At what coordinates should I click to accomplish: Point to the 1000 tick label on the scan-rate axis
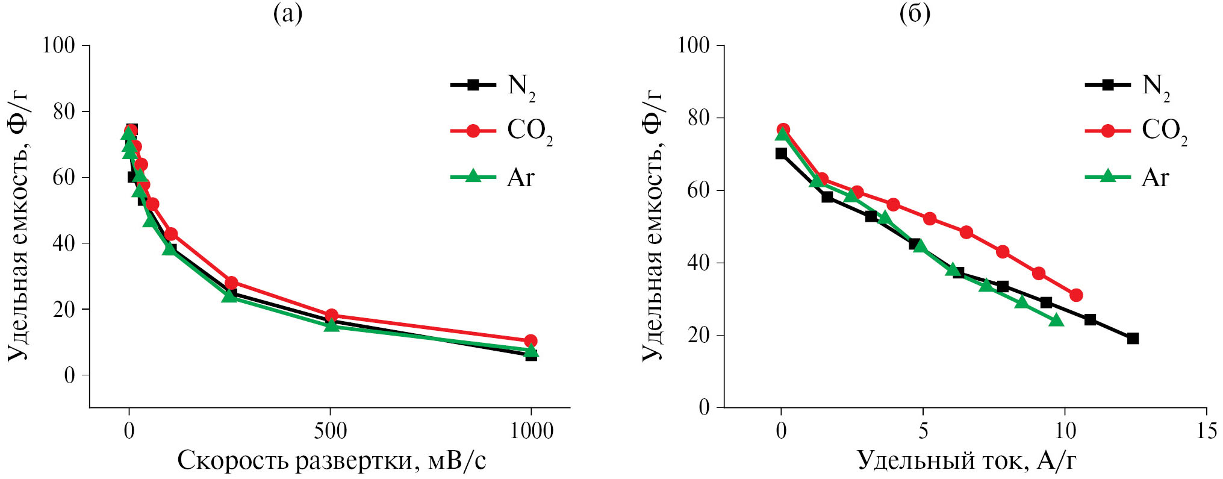tap(531, 431)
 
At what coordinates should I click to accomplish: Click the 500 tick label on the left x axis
tap(330, 431)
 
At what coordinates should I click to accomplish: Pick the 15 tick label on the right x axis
tap(1206, 431)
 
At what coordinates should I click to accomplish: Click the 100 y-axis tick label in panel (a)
tap(58, 45)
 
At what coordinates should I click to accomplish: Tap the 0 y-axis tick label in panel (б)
tap(703, 408)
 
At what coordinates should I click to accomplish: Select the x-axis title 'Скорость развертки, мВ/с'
tap(331, 461)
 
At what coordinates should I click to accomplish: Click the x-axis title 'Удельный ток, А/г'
tap(966, 461)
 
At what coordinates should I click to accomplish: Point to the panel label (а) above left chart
tap(288, 13)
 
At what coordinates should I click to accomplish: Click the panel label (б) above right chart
tap(915, 13)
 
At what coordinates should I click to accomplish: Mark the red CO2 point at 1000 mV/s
tap(531, 341)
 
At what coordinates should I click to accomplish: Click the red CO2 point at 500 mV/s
tap(331, 315)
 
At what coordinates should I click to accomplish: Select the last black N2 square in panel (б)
tap(1133, 339)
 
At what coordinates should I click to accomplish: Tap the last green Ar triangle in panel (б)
tap(1056, 320)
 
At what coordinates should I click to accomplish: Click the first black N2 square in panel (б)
tap(781, 154)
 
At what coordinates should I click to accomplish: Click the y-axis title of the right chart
tap(652, 226)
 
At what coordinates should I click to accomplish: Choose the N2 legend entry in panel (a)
tap(494, 86)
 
